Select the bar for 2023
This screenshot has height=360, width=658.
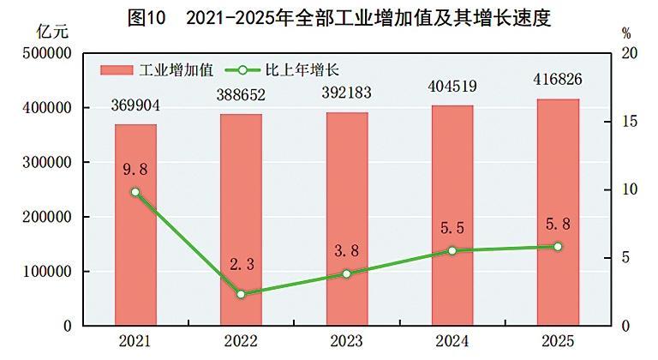click(x=346, y=219)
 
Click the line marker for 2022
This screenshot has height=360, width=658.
click(x=241, y=294)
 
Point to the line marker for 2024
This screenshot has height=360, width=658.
click(x=452, y=250)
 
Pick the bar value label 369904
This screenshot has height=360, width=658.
click(x=135, y=106)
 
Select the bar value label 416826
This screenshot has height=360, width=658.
click(x=558, y=81)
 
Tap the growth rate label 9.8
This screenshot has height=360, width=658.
click(x=135, y=170)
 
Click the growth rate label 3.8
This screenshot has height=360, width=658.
click(x=346, y=252)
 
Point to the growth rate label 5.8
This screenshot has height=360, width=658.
click(x=558, y=225)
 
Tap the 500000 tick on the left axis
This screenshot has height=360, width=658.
click(x=43, y=53)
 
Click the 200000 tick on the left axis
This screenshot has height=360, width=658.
click(x=43, y=217)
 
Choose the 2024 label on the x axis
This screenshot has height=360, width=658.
click(x=452, y=342)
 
